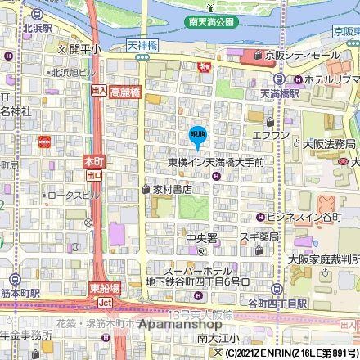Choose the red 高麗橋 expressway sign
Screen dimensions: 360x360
coord(126,91)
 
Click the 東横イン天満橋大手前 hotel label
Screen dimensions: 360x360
coord(215,163)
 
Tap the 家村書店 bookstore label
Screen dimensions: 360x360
coord(172,188)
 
